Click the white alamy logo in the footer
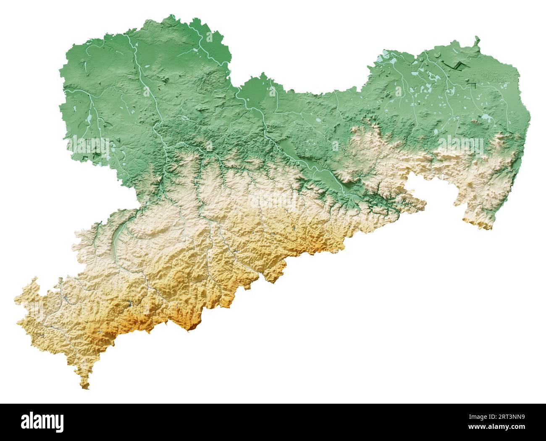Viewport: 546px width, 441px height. click(42, 422)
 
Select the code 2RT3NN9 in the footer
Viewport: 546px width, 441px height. click(507, 418)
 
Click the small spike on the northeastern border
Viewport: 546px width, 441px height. click(477, 39)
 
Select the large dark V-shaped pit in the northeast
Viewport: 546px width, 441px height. click(454, 65)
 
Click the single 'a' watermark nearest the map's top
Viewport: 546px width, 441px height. click(209, 37)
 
